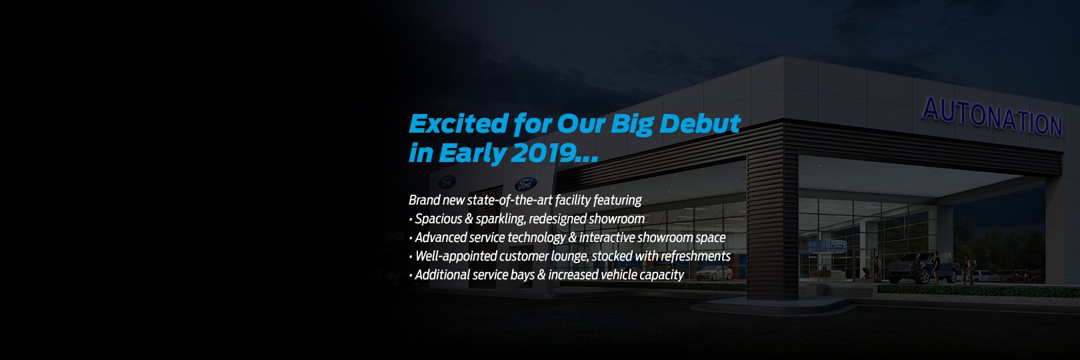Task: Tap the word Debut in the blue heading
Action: (700, 123)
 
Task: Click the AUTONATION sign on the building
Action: (992, 117)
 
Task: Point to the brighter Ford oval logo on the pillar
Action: (525, 183)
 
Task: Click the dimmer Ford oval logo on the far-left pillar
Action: (447, 182)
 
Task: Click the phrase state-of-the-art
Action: (509, 200)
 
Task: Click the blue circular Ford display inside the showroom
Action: (828, 246)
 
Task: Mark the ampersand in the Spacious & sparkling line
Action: (469, 219)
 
